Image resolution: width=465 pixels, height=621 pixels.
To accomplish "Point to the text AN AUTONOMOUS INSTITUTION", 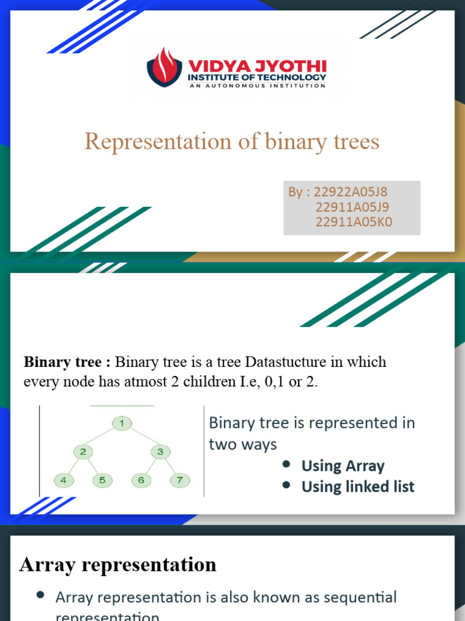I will (x=257, y=86).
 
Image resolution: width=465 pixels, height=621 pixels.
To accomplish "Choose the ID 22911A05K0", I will (x=354, y=222).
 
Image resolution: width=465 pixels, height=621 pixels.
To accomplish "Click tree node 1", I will (x=122, y=423).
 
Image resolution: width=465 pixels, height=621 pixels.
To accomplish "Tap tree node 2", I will (x=83, y=451).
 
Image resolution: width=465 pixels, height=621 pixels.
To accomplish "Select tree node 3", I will (x=160, y=451).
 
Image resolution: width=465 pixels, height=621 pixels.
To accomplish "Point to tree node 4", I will (x=64, y=480).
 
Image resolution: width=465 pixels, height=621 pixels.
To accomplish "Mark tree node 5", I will (x=102, y=480).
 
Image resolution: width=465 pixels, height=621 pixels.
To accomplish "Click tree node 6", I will (x=141, y=480).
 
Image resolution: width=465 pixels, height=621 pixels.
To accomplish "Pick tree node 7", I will (x=179, y=480).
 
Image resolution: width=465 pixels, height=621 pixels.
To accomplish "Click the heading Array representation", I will (x=117, y=565).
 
